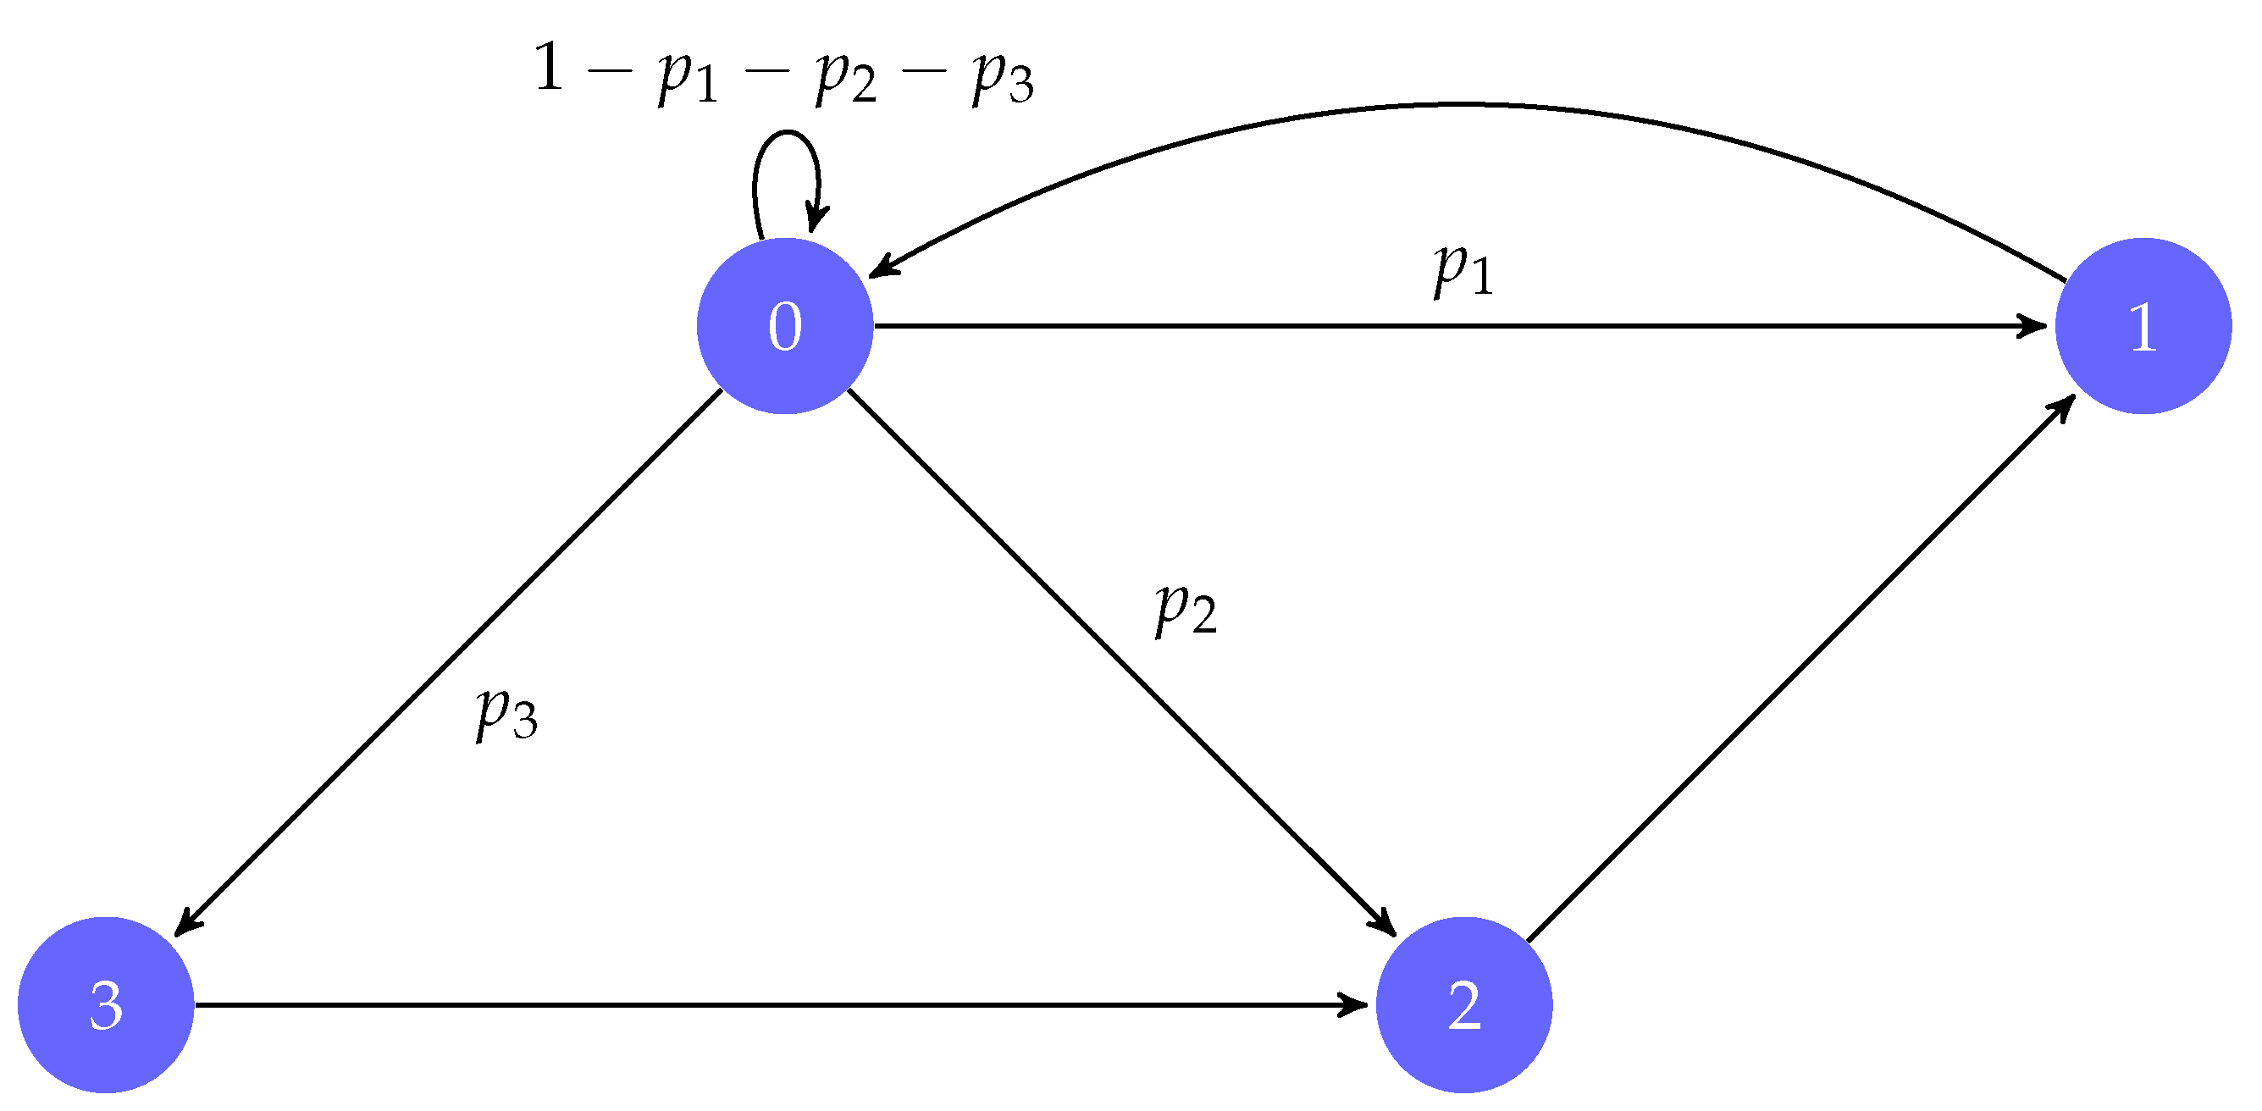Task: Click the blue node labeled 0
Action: [x=784, y=326]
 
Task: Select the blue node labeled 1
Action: [x=2143, y=326]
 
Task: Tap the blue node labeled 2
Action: [x=1463, y=1005]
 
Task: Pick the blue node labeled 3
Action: [x=105, y=1005]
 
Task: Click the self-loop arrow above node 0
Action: [x=786, y=136]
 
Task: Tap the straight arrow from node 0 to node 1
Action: [x=1457, y=326]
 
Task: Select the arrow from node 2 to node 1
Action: [x=1800, y=669]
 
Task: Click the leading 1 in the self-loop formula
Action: [x=549, y=68]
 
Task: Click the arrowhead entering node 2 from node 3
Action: [x=1352, y=1005]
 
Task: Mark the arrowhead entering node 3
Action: [x=186, y=924]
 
